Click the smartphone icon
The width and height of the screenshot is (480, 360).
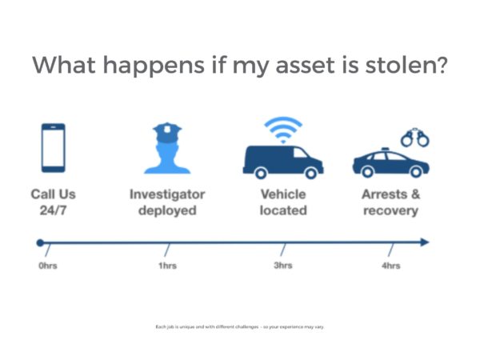click(x=54, y=148)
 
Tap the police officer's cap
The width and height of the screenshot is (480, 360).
click(x=167, y=132)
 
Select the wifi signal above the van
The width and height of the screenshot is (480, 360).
click(x=283, y=129)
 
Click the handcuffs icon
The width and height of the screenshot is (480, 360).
click(x=415, y=138)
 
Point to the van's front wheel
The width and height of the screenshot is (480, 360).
click(x=311, y=174)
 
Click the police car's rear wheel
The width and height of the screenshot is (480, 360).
click(x=367, y=172)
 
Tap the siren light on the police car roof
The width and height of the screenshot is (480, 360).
click(x=385, y=149)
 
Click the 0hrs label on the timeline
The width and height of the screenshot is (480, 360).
click(x=48, y=266)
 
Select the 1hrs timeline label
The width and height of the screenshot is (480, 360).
click(x=167, y=266)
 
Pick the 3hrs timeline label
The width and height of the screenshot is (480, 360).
click(x=283, y=265)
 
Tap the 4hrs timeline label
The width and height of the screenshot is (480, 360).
click(x=391, y=266)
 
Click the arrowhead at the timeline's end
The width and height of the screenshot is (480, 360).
click(x=424, y=242)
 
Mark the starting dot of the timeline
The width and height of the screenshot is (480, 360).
click(x=40, y=242)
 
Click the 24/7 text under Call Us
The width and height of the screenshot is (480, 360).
click(x=53, y=210)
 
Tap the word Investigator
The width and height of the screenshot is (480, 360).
click(x=167, y=194)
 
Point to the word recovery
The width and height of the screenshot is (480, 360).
click(x=390, y=211)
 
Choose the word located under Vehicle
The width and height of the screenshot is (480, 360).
click(x=283, y=210)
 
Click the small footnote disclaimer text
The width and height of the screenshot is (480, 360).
click(x=240, y=327)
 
